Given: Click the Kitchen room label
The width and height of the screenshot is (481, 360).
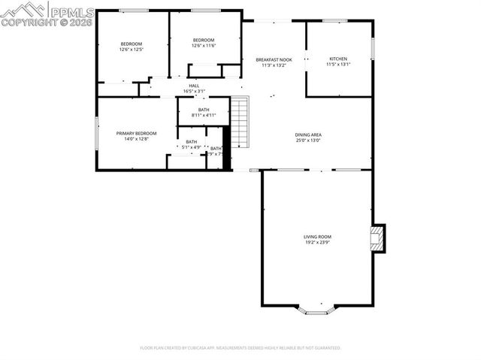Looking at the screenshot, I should tap(339, 59).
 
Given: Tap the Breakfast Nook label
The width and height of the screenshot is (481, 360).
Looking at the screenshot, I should tap(274, 59).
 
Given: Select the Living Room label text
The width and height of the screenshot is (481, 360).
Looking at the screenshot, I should tap(316, 237).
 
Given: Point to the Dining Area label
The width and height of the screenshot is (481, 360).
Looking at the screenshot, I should tap(308, 135).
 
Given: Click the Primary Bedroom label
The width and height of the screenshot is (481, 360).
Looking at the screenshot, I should tap(136, 134).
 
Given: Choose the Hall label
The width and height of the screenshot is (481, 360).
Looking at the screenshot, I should tap(194, 86).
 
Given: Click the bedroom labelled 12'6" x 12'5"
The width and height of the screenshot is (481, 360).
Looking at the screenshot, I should tap(132, 44).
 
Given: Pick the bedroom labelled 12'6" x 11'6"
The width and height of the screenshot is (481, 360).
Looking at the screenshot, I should tap(204, 40).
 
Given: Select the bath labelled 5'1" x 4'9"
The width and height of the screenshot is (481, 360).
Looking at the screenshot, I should tap(192, 142).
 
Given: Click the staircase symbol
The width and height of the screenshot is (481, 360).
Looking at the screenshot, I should tap(239, 123).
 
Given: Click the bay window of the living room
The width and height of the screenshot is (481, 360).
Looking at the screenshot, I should tap(319, 309).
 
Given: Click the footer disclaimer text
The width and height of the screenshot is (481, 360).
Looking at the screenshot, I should tap(240, 348).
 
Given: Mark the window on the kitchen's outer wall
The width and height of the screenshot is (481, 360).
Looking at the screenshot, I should tap(372, 46).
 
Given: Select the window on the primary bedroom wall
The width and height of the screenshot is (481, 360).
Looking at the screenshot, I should tap(96, 133).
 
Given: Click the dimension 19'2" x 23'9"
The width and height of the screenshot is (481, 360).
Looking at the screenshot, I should tap(316, 243).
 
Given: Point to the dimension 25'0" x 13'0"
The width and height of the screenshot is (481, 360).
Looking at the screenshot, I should tap(308, 141).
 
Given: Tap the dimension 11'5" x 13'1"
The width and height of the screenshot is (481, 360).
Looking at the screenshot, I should tap(339, 65).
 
